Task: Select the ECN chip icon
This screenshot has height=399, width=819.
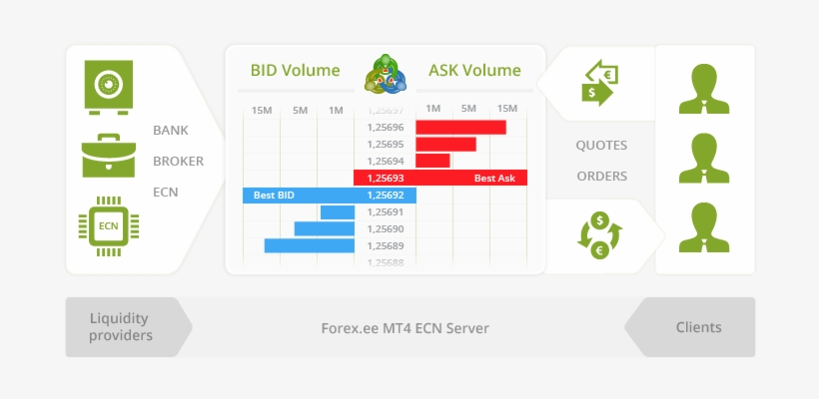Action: [x=108, y=226]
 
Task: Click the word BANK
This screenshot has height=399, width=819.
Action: [x=171, y=131]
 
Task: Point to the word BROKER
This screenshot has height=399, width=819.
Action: [x=178, y=161]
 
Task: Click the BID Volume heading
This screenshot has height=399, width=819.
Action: [x=295, y=71]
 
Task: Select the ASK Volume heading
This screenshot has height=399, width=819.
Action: [x=474, y=71]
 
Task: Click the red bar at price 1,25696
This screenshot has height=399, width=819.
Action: [x=460, y=127]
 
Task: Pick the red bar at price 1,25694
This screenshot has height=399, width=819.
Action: [x=432, y=161]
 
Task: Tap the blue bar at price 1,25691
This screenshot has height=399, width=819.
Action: [x=337, y=211]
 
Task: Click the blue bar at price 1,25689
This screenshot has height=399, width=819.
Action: [x=309, y=245]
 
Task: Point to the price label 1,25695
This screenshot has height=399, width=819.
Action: [x=386, y=144]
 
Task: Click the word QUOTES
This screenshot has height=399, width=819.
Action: [x=601, y=146]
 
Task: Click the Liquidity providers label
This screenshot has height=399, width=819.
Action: [x=119, y=327]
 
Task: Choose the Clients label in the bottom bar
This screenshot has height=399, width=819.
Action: [x=698, y=327]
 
